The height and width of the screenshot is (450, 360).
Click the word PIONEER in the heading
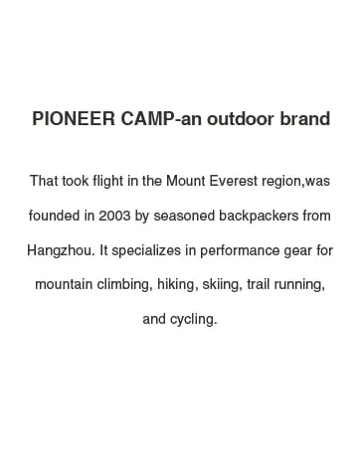click(x=74, y=118)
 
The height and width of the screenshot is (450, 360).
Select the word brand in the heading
click(x=305, y=118)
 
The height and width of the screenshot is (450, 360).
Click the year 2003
click(x=114, y=216)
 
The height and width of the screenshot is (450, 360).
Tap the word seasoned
click(x=184, y=216)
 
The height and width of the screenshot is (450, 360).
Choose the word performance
click(x=240, y=250)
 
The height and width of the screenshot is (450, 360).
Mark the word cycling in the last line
click(x=194, y=319)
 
